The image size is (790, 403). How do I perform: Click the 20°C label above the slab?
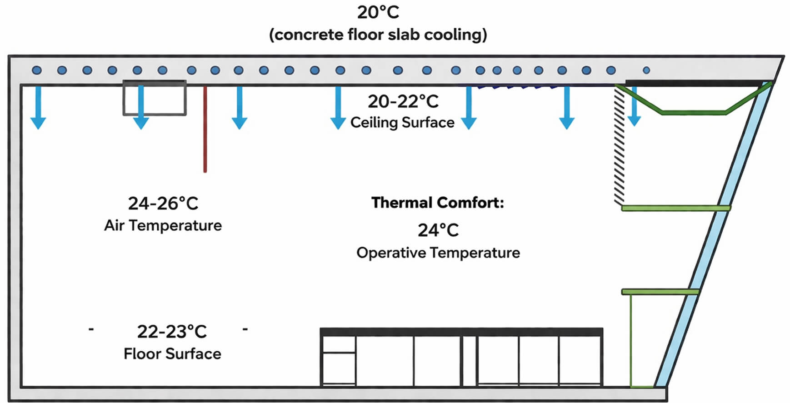point(378,12)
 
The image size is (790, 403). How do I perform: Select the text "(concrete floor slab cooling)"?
point(378,35)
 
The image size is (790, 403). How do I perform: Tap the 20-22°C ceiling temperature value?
point(403,101)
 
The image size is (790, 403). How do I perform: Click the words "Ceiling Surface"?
point(402,122)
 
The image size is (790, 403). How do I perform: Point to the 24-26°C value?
point(163,203)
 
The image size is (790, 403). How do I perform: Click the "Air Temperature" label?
point(163,225)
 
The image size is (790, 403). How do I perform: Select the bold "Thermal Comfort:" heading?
point(437,203)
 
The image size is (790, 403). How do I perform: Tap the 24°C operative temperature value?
point(438,230)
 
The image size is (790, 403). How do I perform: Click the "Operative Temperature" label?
point(438,253)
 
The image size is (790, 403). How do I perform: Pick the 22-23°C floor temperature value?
point(172,332)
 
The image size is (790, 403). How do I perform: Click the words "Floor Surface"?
point(172,353)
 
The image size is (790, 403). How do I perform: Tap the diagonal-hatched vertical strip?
point(619,145)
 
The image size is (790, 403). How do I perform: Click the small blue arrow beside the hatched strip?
point(634,109)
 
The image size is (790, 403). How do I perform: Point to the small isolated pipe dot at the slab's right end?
point(646,70)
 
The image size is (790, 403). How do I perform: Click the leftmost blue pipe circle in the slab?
point(37,70)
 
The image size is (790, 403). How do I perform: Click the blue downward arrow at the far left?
point(38,109)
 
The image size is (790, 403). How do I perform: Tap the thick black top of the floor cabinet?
point(461,332)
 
